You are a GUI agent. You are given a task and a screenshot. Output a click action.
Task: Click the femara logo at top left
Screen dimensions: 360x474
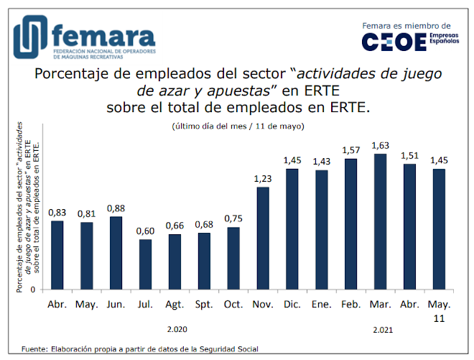click(83, 40)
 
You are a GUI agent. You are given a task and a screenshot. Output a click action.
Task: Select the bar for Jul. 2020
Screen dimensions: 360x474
click(146, 264)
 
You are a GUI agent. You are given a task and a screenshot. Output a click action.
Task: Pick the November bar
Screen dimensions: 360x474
click(263, 238)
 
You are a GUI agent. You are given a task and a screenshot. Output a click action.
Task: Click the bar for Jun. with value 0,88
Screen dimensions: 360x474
click(116, 252)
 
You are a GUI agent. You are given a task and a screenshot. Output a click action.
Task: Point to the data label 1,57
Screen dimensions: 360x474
click(350, 149)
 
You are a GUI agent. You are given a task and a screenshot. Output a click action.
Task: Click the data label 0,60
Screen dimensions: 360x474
click(146, 230)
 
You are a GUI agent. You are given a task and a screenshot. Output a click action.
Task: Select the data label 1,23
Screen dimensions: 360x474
click(263, 178)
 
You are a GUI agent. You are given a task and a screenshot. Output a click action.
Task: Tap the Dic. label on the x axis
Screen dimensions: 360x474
click(292, 304)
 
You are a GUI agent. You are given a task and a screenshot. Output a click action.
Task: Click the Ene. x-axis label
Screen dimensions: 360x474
click(321, 304)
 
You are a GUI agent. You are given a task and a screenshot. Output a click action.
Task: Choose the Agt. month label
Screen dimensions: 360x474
click(175, 304)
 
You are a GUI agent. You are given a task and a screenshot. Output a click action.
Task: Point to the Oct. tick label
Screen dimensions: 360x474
click(233, 304)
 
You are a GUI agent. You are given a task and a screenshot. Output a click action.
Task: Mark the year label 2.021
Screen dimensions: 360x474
click(384, 330)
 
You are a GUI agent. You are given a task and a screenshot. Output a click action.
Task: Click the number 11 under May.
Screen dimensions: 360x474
click(438, 317)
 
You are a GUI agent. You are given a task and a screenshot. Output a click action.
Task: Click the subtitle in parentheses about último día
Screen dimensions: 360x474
click(238, 126)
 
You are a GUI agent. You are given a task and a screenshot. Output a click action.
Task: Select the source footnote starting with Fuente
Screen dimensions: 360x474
click(140, 350)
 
